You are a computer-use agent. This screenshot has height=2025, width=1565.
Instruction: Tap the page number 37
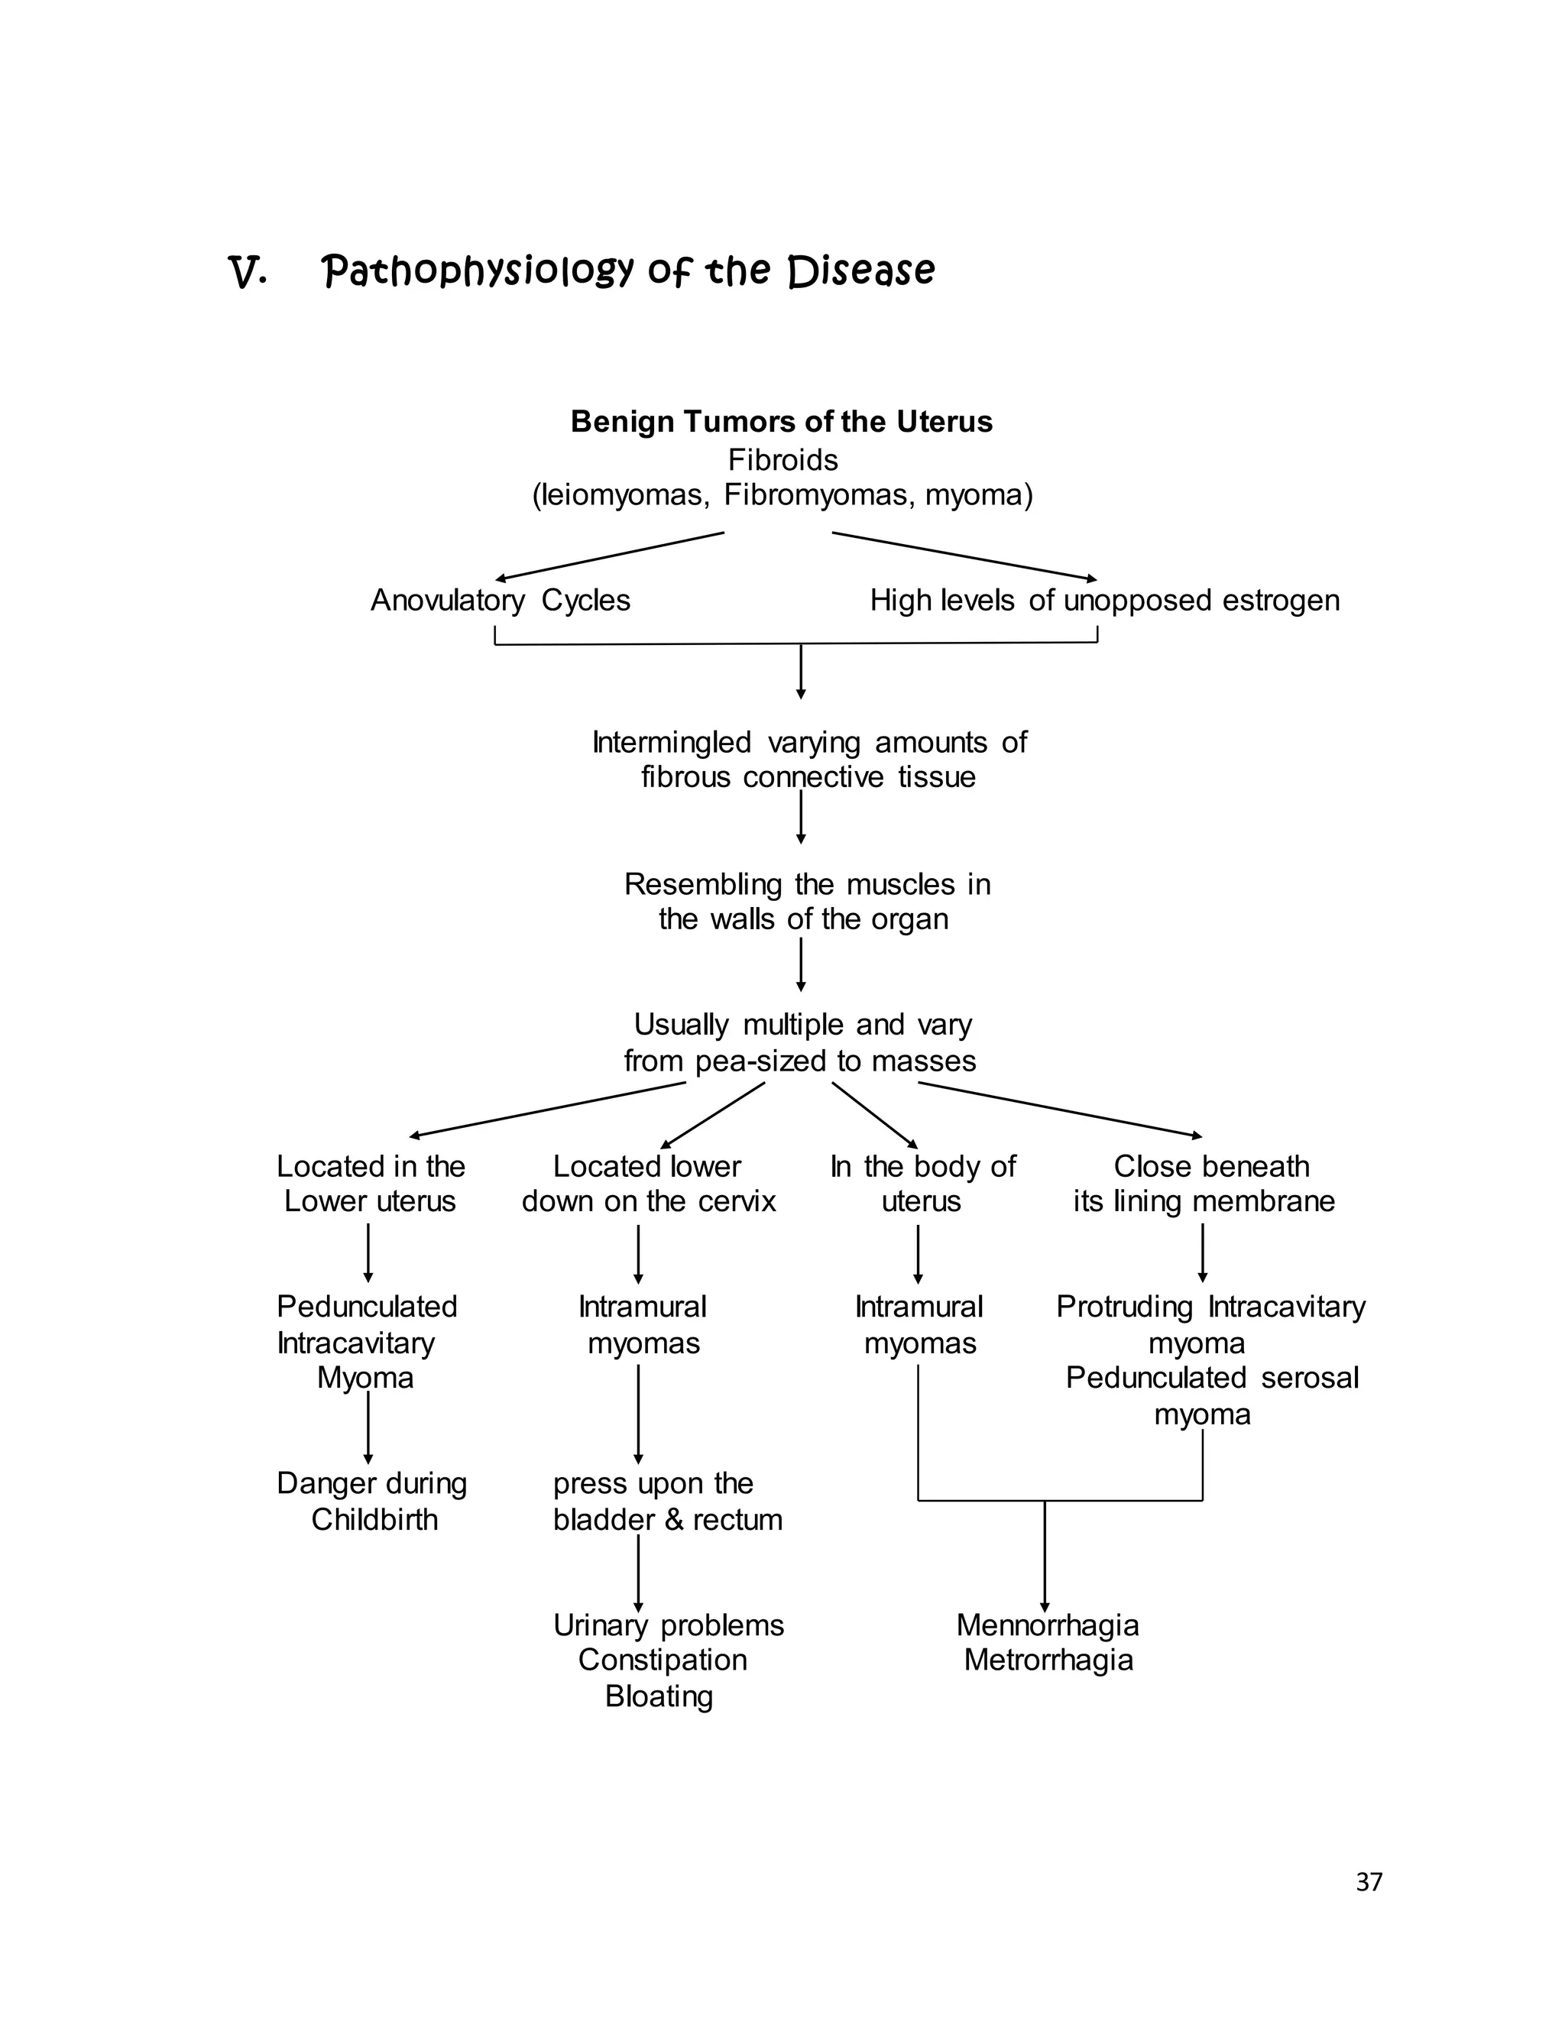click(1369, 1881)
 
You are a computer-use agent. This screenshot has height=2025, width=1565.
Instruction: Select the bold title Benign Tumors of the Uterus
click(781, 422)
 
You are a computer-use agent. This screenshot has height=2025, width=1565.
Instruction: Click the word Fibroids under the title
click(782, 460)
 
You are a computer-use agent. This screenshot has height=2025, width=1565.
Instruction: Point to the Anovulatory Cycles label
click(500, 601)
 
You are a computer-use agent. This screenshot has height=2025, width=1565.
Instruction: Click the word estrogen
click(1281, 601)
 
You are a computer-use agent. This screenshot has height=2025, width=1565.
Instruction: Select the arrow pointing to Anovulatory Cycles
click(608, 556)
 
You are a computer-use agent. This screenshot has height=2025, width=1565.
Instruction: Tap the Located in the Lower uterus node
click(370, 1183)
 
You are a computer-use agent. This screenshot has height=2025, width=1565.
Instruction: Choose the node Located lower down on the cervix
click(648, 1183)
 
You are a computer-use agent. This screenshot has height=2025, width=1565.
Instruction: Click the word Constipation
click(662, 1660)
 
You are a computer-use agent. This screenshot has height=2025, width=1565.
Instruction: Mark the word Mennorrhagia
click(1047, 1625)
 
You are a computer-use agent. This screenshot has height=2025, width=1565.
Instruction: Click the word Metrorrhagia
click(1048, 1660)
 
